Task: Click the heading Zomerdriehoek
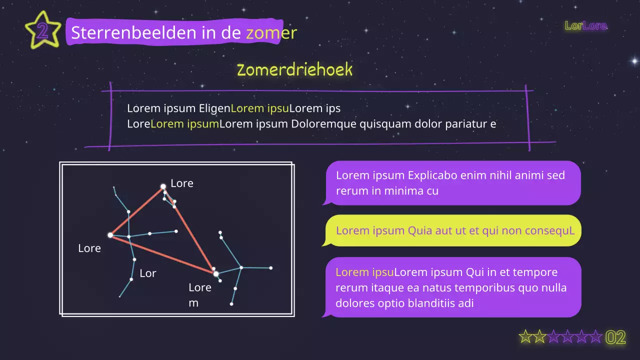(x=294, y=70)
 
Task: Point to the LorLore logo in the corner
(x=585, y=25)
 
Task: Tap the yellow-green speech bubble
(x=453, y=230)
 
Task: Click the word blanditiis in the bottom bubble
(x=440, y=303)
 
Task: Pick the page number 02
(x=615, y=337)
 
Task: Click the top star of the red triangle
(x=163, y=186)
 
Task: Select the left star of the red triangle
(x=110, y=235)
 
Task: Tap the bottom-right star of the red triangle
(x=216, y=273)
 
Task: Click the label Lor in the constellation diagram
(x=147, y=273)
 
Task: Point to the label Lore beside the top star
(x=181, y=183)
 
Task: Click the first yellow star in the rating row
(x=525, y=337)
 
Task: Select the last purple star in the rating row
(x=595, y=337)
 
